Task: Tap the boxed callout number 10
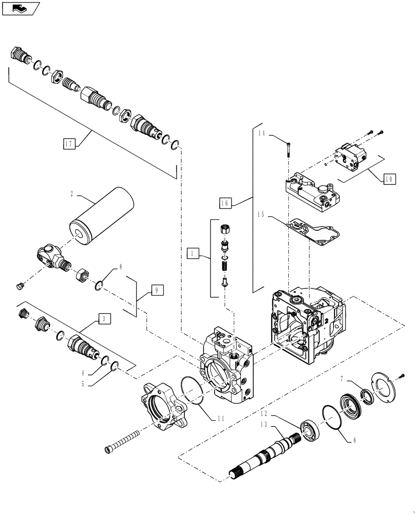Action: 390,179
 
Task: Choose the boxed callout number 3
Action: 104,319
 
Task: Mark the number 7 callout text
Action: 341,380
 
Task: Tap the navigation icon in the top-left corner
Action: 20,8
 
